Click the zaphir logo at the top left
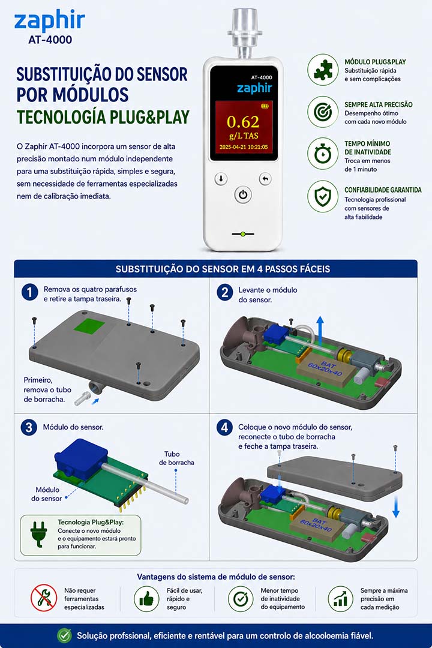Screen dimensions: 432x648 (x=50, y=22)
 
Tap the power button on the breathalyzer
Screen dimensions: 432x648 (x=243, y=194)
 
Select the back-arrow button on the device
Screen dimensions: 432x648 (x=265, y=179)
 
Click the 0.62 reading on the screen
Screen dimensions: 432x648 (x=243, y=122)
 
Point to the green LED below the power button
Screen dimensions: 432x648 (x=243, y=235)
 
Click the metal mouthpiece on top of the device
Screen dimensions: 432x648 (x=245, y=33)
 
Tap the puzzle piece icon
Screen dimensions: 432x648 (x=323, y=70)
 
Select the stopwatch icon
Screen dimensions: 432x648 (x=323, y=154)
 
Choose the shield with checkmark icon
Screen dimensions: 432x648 (x=323, y=196)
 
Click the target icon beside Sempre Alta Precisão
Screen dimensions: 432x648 (x=323, y=112)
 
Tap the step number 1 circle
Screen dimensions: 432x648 (x=30, y=292)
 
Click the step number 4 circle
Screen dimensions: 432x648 (x=224, y=427)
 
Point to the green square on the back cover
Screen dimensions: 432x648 (x=89, y=325)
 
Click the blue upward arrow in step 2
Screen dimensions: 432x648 (x=320, y=331)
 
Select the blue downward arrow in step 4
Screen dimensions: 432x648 (x=396, y=506)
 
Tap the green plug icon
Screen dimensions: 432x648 (x=38, y=534)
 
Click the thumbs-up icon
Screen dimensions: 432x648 (x=146, y=599)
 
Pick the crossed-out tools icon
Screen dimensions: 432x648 (x=44, y=598)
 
